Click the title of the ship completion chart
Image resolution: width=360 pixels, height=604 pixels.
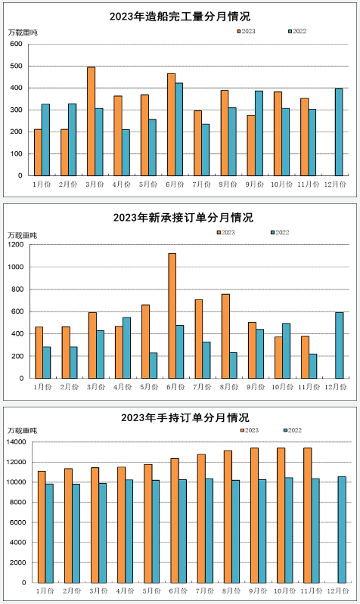(180, 17)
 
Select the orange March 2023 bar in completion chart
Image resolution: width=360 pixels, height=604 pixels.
(91, 122)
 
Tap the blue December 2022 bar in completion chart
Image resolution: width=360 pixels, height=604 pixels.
(339, 132)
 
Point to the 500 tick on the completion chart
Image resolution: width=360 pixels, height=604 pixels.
(16, 66)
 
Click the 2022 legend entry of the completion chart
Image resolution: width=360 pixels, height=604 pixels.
(297, 31)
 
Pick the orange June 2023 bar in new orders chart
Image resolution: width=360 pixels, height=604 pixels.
(172, 316)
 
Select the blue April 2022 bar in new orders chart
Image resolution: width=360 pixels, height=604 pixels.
(126, 348)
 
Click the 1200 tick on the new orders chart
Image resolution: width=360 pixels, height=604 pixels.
(16, 245)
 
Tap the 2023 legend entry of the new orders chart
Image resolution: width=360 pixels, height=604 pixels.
(226, 232)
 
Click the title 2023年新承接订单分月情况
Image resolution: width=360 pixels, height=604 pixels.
(183, 218)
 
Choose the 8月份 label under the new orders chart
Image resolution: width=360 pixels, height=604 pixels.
(229, 387)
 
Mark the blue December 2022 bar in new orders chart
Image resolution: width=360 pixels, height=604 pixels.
(339, 345)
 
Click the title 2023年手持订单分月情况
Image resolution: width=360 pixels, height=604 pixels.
(185, 417)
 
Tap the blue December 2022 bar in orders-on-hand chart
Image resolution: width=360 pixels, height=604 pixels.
(342, 530)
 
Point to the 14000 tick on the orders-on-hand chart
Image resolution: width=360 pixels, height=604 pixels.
(17, 441)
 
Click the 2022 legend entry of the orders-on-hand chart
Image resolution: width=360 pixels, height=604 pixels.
(293, 430)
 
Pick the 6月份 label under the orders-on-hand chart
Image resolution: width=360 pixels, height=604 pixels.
(178, 591)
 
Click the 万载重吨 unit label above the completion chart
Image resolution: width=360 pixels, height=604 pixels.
(23, 33)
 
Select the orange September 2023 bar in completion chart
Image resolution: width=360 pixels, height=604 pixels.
(251, 145)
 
